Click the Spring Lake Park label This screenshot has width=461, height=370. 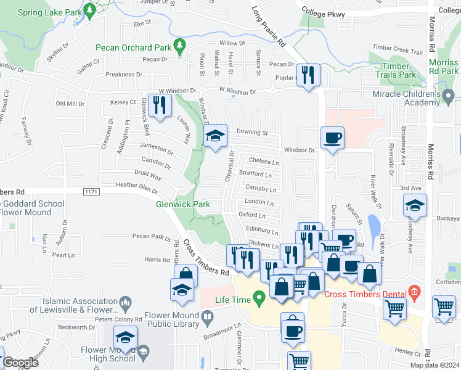[49, 12]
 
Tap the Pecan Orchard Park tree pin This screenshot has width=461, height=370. [179, 45]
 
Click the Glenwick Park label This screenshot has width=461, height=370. [183, 204]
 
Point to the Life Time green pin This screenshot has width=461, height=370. [259, 299]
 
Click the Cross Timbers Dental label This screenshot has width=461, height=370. [369, 295]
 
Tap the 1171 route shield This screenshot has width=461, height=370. [91, 193]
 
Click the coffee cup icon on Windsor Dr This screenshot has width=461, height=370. [332, 139]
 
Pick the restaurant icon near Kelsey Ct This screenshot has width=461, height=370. [161, 104]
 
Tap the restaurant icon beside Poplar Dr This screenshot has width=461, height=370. [306, 76]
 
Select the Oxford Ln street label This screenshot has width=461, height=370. [252, 215]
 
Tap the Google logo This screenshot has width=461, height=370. [20, 363]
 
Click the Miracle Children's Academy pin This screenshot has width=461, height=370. [449, 96]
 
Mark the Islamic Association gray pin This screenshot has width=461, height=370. [126, 302]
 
